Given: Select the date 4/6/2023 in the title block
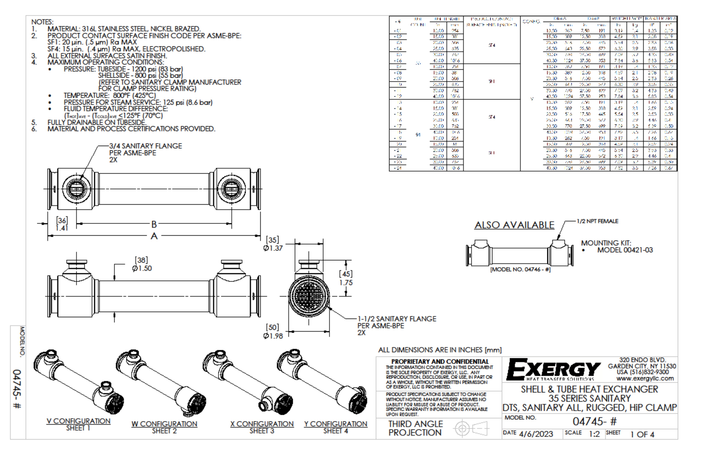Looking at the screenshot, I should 536,434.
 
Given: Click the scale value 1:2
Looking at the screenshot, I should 594,434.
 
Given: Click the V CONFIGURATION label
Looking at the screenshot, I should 78,421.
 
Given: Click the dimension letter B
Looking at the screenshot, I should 154,224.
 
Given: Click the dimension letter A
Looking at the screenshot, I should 154,236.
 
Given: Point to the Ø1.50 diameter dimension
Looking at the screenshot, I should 142,268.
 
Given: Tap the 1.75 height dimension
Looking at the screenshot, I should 346,282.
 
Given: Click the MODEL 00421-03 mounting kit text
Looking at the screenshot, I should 625,250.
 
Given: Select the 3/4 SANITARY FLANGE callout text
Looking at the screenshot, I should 145,146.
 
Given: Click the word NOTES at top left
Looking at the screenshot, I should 42,22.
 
